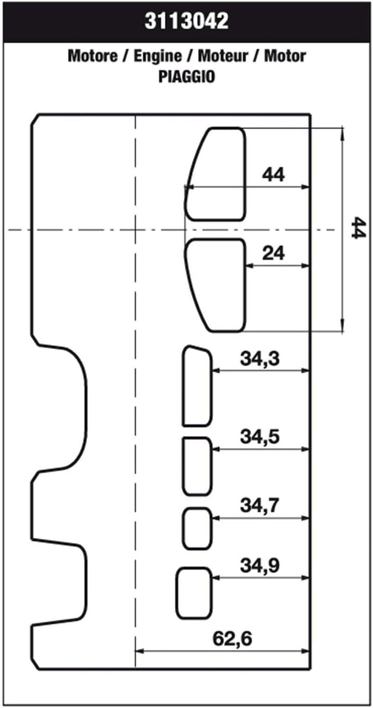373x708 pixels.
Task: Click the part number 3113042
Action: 187,21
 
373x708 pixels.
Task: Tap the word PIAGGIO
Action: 187,77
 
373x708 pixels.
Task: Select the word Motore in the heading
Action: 93,56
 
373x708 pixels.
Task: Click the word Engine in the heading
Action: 157,57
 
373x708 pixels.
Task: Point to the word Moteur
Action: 223,56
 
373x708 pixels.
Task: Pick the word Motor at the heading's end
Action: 285,56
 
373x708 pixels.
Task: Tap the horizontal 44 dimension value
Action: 273,175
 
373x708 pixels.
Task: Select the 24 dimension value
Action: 273,253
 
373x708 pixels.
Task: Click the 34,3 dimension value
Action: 260,359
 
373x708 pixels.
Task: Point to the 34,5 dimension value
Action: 260,437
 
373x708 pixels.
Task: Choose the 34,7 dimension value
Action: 260,505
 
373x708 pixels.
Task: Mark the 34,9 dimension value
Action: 260,565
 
